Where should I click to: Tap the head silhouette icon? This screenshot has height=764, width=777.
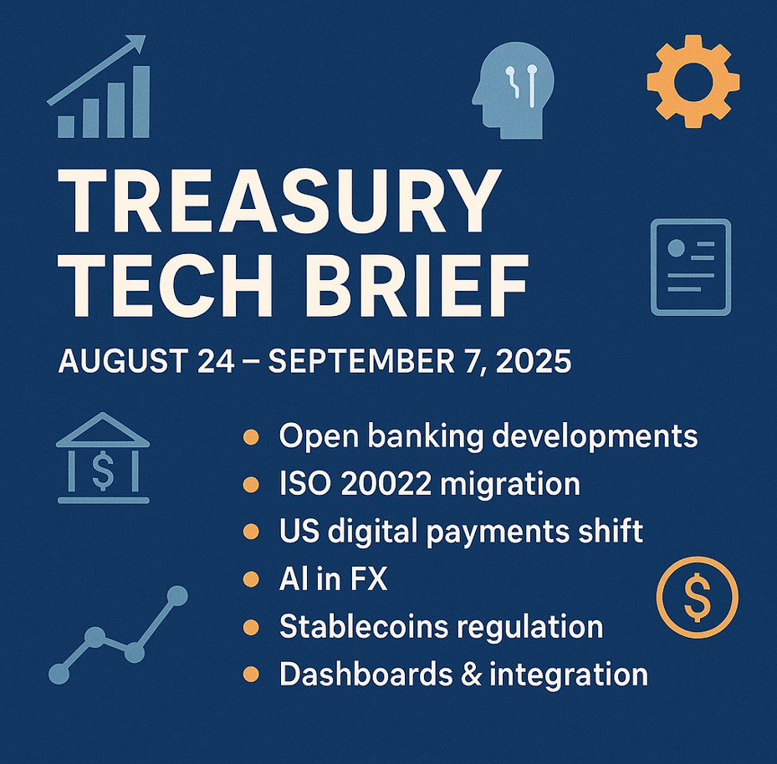pos(511,92)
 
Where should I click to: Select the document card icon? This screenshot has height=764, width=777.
pos(690,267)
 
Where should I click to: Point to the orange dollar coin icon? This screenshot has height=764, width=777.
pos(697,597)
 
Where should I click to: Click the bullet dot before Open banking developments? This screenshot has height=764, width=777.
pos(249,436)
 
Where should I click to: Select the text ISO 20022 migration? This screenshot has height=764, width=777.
pos(429,484)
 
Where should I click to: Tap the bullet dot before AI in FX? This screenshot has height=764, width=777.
pos(249,578)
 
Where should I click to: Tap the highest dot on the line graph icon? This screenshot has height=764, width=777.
pos(176,595)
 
